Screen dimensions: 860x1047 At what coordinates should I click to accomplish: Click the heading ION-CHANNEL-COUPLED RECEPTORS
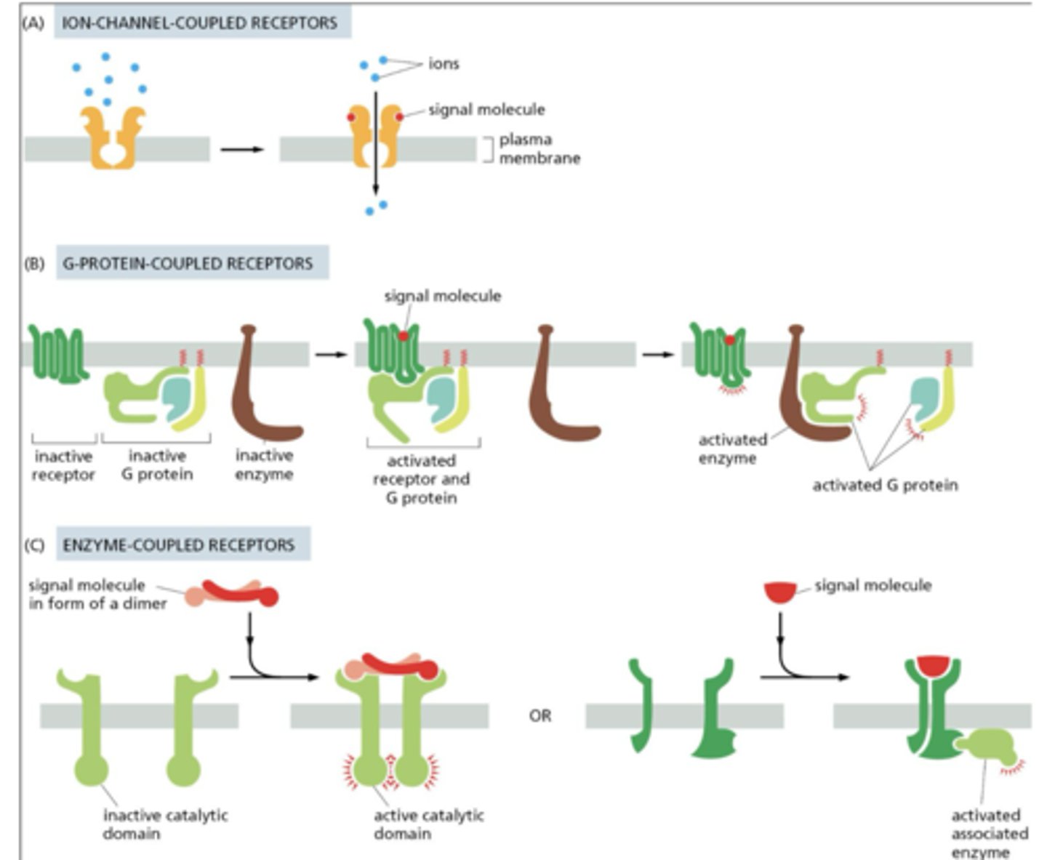199,23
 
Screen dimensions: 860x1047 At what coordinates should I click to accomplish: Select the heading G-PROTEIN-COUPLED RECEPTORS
188,263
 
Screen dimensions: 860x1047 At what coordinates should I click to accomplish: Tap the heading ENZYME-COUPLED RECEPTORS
179,545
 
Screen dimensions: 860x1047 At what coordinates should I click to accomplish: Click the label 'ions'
444,64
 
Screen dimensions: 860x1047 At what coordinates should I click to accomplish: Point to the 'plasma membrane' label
539,148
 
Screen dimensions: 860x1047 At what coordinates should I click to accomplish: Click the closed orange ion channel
113,138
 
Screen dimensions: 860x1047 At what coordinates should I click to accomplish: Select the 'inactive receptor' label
63,466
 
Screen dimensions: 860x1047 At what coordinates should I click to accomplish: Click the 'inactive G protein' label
157,465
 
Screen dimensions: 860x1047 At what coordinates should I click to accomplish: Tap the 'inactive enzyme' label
264,465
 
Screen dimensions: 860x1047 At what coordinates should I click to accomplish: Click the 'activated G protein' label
885,485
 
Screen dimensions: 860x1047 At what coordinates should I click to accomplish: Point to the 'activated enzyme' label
731,449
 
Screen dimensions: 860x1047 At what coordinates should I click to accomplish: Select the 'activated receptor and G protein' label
421,479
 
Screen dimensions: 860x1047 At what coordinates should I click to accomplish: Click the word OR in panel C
539,716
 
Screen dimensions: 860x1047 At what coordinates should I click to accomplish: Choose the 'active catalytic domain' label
428,824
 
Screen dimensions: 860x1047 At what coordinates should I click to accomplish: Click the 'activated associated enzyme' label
989,833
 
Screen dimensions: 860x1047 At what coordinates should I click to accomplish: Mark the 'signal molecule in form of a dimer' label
97,594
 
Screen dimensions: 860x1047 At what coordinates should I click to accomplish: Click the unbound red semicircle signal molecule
780,592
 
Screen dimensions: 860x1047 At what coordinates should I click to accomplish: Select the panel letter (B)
35,263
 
